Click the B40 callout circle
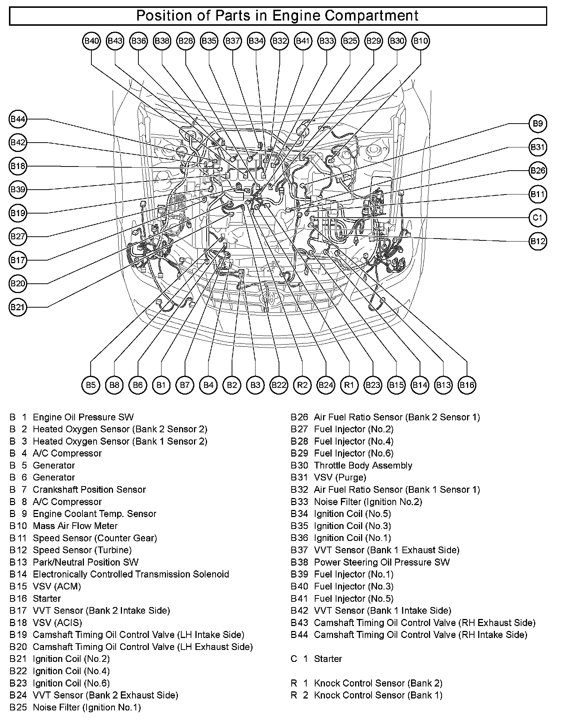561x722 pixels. pyautogui.click(x=91, y=41)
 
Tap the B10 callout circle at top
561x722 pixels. pyautogui.click(x=420, y=41)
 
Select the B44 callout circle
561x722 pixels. pyautogui.click(x=18, y=119)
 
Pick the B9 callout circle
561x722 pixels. pyautogui.click(x=538, y=124)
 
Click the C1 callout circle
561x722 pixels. pyautogui.click(x=538, y=218)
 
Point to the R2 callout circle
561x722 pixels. pyautogui.click(x=302, y=385)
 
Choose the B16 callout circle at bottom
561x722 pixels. pyautogui.click(x=467, y=385)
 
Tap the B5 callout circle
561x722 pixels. pyautogui.click(x=91, y=385)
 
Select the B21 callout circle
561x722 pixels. pyautogui.click(x=18, y=307)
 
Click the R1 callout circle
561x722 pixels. pyautogui.click(x=349, y=385)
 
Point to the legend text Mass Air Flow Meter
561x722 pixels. pyautogui.click(x=75, y=526)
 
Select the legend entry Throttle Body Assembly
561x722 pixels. pyautogui.click(x=363, y=466)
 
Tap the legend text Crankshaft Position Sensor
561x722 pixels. pyautogui.click(x=89, y=489)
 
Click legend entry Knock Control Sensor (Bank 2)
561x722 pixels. pyautogui.click(x=378, y=683)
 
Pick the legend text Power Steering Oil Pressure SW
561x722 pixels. pyautogui.click(x=382, y=562)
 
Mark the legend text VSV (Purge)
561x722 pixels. pyautogui.click(x=340, y=477)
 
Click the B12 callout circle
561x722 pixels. pyautogui.click(x=538, y=241)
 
